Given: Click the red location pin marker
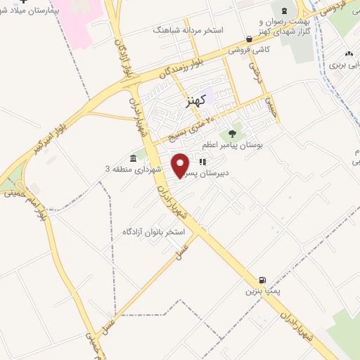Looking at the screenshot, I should click(x=181, y=165).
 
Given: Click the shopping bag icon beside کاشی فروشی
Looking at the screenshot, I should click(x=249, y=39).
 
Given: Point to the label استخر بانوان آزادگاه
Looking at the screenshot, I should click(x=153, y=231).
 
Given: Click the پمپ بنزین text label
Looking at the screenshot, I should click(x=256, y=290).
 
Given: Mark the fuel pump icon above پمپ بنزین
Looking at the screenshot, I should click(x=263, y=279).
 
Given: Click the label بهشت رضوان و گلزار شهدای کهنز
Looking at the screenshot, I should click(x=283, y=27).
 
